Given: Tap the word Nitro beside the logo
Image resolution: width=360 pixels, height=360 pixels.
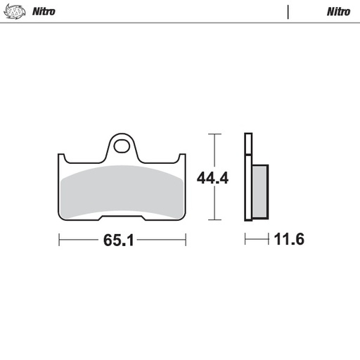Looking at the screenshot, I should pos(44,12).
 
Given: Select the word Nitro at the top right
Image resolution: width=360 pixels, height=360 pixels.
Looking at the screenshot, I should pos(338,12).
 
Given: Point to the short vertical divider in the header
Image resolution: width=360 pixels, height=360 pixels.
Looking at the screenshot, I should pos(288,12).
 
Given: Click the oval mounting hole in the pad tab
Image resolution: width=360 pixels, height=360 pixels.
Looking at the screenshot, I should pos(123,148).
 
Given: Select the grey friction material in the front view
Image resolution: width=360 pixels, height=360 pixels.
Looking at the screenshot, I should pos(123,190).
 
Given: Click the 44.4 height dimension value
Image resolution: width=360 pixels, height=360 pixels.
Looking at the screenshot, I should pos(213,178).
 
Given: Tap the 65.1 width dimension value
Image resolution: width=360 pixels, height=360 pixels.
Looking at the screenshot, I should pos(119,240).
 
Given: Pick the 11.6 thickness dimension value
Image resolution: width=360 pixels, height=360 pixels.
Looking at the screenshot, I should pos(288,240).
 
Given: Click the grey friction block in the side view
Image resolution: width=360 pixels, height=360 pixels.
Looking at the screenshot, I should pos(259,190).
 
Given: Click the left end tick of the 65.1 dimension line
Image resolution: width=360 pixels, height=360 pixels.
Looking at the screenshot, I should pos(59,240).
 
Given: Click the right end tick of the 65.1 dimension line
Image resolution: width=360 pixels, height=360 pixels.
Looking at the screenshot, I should pos(184,240).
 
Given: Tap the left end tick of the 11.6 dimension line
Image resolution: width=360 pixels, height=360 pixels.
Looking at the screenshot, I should pos(245,240).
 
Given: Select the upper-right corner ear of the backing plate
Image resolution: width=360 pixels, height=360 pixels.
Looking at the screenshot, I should pos(183,157).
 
